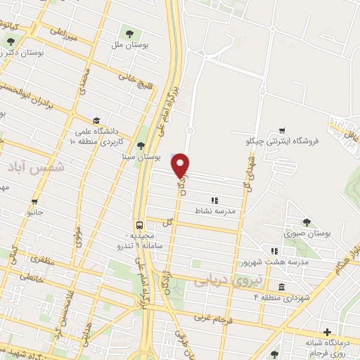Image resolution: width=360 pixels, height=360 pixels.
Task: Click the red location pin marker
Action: pos(181,165)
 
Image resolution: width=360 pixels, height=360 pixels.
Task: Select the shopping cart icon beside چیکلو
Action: pos(282,130)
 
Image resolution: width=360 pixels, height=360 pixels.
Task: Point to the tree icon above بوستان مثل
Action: pos(129,32)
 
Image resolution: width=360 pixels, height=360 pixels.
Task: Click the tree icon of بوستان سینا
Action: pos(141,146)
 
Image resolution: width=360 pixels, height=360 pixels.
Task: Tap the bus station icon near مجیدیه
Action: pos(139,226)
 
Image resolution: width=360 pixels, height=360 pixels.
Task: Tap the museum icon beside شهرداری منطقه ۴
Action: pos(281,287)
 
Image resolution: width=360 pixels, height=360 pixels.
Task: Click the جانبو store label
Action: pos(34,211)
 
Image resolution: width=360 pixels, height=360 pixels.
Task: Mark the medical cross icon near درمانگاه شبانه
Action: pos(327,332)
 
